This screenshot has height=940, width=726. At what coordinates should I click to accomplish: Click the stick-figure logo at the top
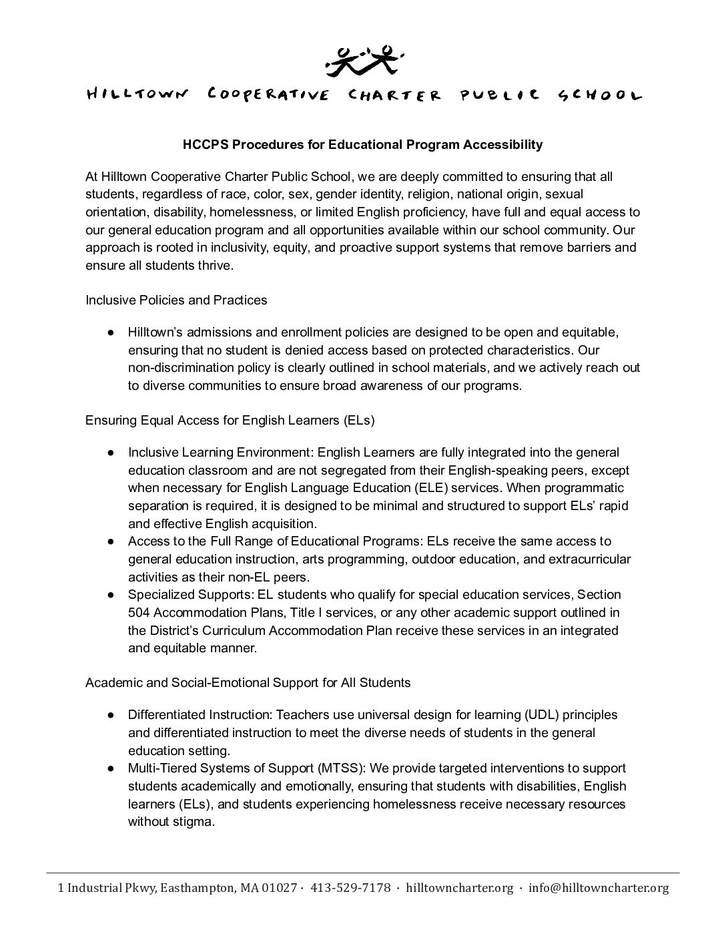coord(364,59)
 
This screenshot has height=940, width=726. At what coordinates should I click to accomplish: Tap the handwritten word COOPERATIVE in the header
coord(268,95)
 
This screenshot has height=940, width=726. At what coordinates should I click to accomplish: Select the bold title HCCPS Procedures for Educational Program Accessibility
coord(362,144)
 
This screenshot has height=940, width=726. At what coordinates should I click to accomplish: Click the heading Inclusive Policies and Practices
coord(176,300)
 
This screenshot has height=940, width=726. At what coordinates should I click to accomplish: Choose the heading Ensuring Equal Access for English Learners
coord(230,421)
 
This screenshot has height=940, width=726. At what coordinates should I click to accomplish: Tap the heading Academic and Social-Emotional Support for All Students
coord(248,683)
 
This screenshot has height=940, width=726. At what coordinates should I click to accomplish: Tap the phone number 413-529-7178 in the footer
coord(350,888)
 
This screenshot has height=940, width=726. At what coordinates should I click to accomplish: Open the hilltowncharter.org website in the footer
coord(459,888)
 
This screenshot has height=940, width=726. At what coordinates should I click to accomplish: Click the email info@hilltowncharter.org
coord(598,888)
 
